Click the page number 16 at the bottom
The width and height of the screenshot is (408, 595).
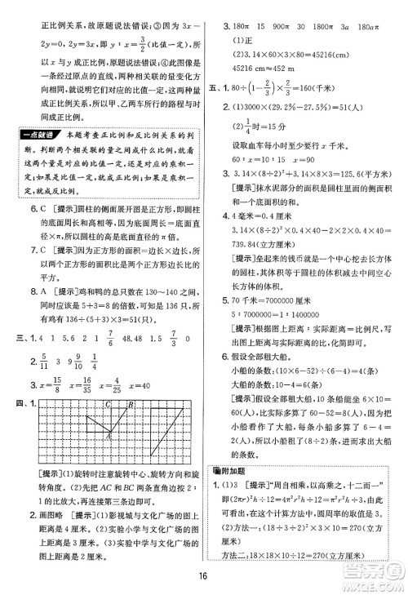tap(204, 580)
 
